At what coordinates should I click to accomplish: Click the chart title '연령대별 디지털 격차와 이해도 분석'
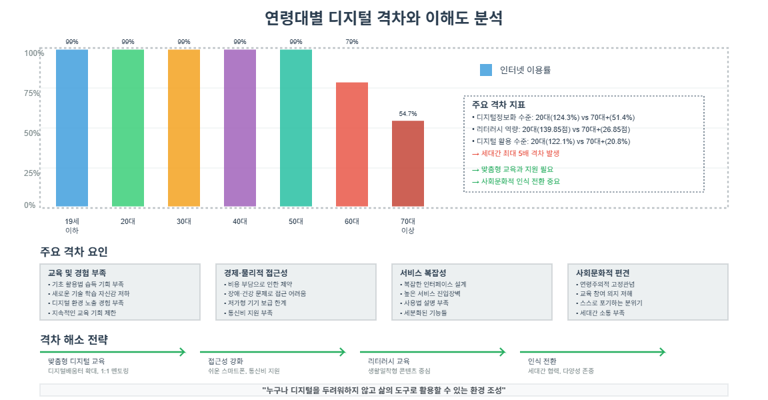[383, 18]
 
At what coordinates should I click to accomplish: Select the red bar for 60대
[352, 145]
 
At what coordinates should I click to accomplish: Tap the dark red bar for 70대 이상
[407, 163]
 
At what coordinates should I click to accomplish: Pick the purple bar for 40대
[240, 128]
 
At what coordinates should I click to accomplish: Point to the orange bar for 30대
[184, 128]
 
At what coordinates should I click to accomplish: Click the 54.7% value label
[407, 113]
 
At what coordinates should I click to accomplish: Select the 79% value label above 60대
[352, 41]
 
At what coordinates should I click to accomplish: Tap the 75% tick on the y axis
[32, 93]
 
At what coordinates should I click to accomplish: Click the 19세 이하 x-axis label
[72, 226]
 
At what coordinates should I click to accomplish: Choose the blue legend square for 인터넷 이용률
[486, 70]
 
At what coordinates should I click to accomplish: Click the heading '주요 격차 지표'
[499, 105]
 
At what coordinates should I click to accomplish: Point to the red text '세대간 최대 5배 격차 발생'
[516, 153]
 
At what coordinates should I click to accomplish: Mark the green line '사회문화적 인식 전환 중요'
[516, 181]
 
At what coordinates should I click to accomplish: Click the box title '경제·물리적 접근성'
[256, 273]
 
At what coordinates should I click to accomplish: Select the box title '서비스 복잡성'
[423, 273]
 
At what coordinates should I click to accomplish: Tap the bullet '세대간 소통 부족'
[601, 313]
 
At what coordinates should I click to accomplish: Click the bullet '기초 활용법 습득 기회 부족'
[86, 284]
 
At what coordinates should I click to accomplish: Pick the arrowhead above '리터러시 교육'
[503, 351]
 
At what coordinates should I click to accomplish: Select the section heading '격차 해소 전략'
[74, 339]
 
